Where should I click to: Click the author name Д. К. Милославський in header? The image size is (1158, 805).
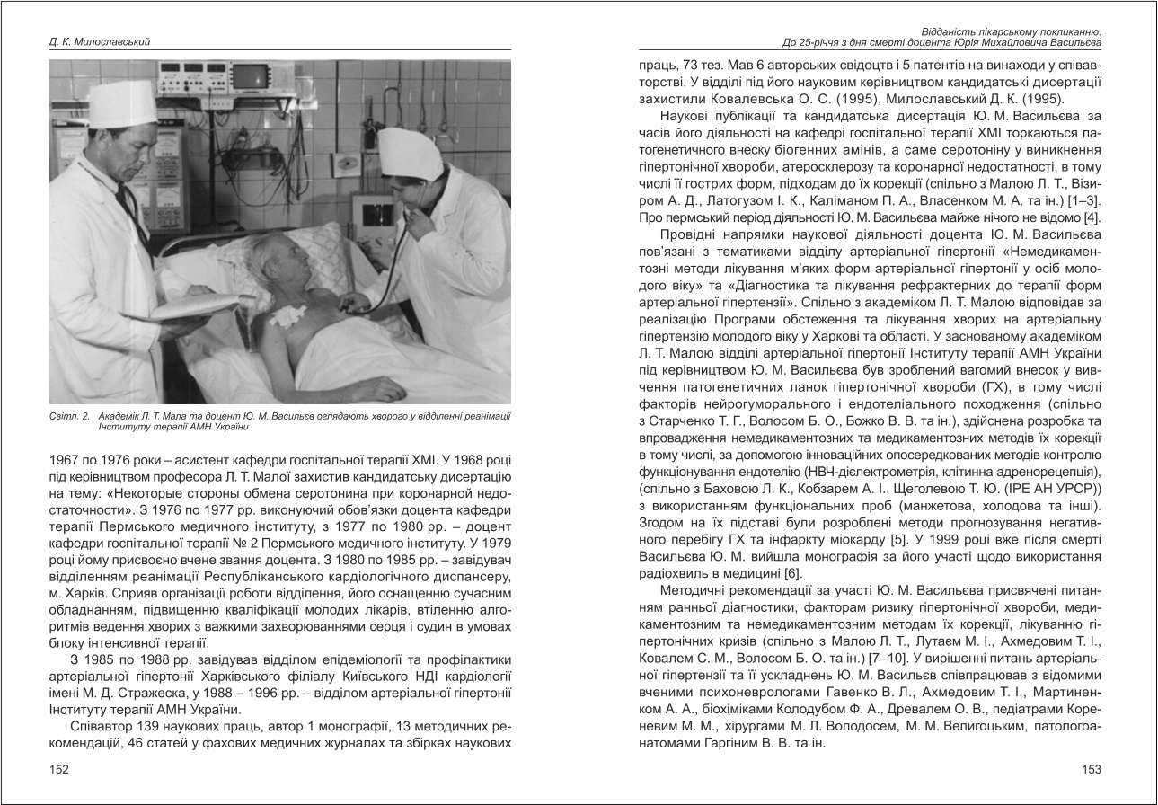click(x=99, y=41)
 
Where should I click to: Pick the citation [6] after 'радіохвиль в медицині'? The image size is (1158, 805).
click(x=791, y=574)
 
